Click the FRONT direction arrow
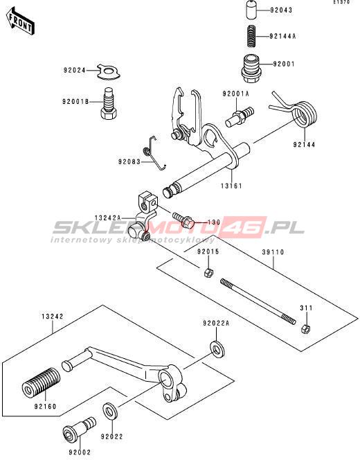coord(21,22)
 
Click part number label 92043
coord(281,10)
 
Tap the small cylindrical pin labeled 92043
coord(251,10)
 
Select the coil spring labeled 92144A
coord(251,36)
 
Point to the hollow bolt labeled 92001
coord(251,69)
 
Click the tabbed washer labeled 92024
coord(109,71)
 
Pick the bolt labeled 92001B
coord(109,103)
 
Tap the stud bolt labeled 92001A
coord(240,117)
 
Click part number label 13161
coord(231,186)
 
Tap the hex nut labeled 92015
coord(208,272)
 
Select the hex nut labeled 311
coord(305,328)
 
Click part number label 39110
coord(273,252)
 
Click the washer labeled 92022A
coord(217,349)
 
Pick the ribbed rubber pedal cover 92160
coord(42,382)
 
